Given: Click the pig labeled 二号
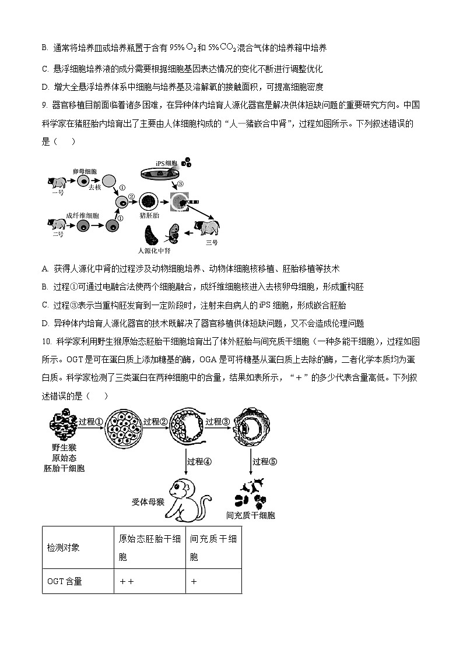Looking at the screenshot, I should [x=58, y=224].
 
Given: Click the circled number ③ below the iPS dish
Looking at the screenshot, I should [x=181, y=184].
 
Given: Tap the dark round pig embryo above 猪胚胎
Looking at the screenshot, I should [x=148, y=201].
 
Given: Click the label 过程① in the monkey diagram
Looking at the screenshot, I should [x=90, y=422].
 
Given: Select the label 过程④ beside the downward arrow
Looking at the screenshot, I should [x=199, y=461].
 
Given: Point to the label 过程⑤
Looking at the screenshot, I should [x=265, y=461].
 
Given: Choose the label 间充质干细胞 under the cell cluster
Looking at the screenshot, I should [x=251, y=515].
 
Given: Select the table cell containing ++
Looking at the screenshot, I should [x=127, y=581].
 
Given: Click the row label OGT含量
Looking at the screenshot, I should [x=65, y=581].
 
